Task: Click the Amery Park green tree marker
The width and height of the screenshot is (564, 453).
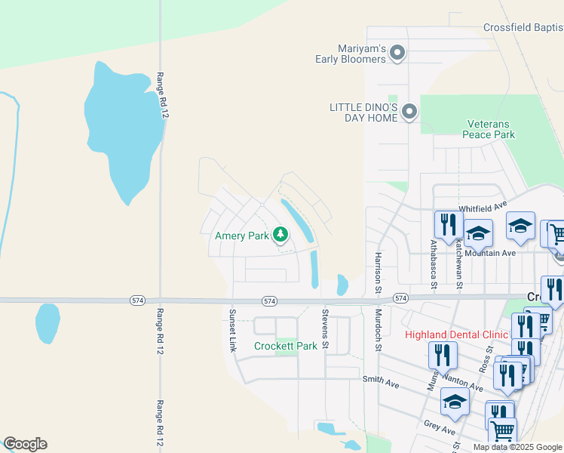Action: pos(280,235)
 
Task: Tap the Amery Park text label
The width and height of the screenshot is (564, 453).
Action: pos(242,236)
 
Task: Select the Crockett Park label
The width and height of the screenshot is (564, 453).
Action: pos(286,346)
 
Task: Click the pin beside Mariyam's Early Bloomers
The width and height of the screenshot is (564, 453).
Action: pos(399,53)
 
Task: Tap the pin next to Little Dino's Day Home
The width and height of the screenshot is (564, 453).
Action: pos(409,112)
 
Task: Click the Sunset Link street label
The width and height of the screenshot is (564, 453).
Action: pos(232,331)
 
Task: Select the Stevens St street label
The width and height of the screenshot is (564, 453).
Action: pos(326,329)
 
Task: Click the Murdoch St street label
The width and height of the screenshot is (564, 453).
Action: pos(379,329)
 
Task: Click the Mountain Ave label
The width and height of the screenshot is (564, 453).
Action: pos(490,253)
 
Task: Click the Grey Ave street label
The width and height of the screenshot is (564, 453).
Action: pos(440,428)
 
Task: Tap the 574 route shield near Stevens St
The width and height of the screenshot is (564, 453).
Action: pos(270,300)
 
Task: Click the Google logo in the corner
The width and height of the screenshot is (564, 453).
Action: pos(25,444)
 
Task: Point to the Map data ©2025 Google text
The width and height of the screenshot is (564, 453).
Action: pos(517,447)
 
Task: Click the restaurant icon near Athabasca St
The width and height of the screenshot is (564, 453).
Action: pos(447,223)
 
